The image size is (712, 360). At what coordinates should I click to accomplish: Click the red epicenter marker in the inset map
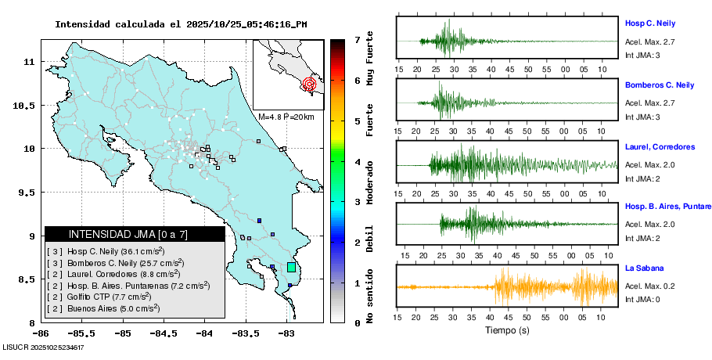[x=309, y=83]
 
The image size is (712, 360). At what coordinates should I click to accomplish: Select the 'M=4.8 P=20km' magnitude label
[x=286, y=117]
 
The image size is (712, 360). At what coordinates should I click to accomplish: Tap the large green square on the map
[x=291, y=268]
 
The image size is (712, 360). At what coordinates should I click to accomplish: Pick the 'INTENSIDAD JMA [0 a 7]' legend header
[x=128, y=234]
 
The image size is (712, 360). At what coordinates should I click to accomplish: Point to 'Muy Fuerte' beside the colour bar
[x=370, y=64]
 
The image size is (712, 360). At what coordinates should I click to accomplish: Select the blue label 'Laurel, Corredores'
[x=660, y=146]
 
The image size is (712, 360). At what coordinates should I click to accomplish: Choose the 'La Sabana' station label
[x=642, y=268]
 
